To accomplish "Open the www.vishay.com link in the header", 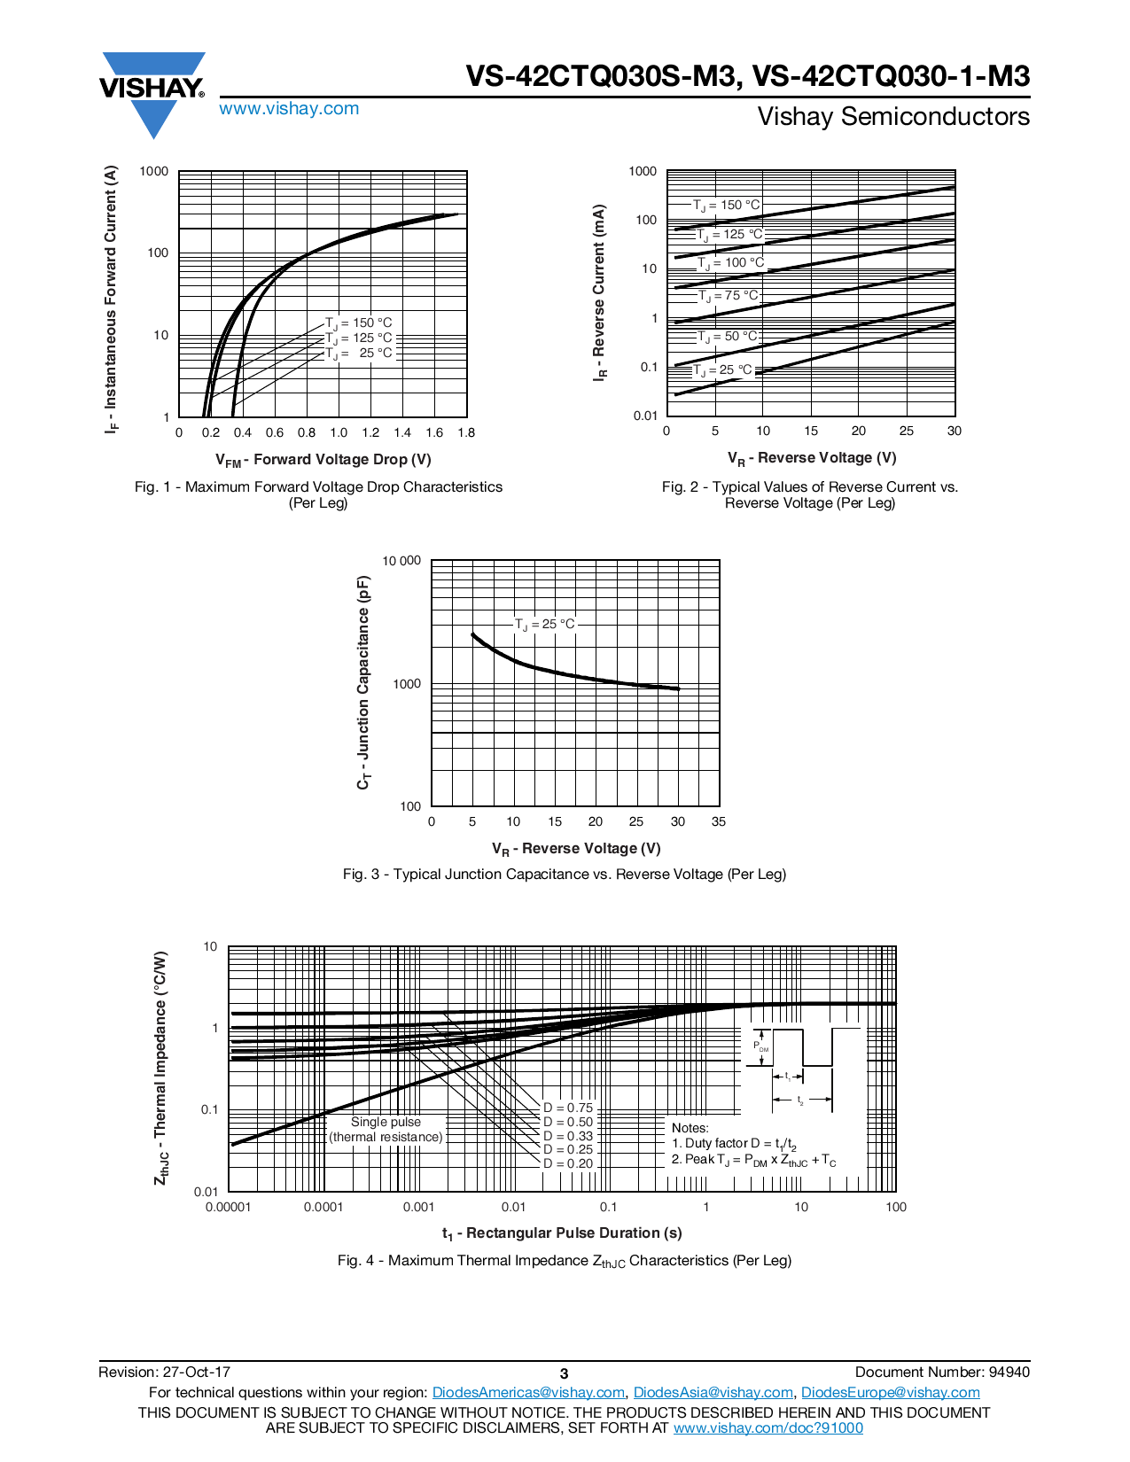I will [x=289, y=109].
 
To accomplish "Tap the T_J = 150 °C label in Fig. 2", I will [x=726, y=206].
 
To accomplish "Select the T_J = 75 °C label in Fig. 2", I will [x=728, y=296].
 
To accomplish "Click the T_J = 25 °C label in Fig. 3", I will [x=544, y=625].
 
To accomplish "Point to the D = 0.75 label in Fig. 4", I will [x=567, y=1108].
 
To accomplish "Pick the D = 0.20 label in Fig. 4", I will [x=567, y=1163].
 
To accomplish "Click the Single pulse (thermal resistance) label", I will [x=386, y=1130].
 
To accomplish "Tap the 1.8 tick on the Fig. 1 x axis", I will [x=466, y=433].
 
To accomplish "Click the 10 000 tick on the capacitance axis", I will [x=401, y=561].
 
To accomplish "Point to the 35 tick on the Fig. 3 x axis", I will [x=719, y=822].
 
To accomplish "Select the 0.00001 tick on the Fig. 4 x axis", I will [x=229, y=1207].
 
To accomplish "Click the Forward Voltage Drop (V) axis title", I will [x=323, y=460].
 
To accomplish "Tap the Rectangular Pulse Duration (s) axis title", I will [x=562, y=1233].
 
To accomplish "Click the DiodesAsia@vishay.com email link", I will [x=713, y=1393].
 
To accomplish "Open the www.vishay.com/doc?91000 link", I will [x=768, y=1427].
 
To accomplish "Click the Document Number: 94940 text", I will [x=942, y=1373].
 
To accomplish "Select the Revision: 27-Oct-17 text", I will [x=165, y=1373].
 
